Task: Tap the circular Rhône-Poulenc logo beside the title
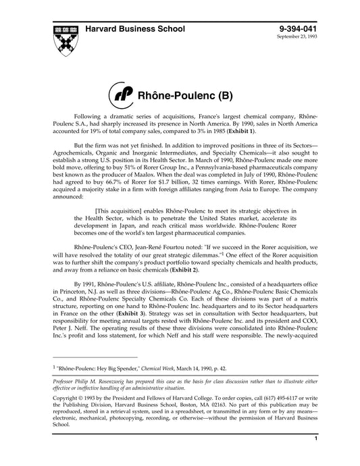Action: (122, 95)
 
